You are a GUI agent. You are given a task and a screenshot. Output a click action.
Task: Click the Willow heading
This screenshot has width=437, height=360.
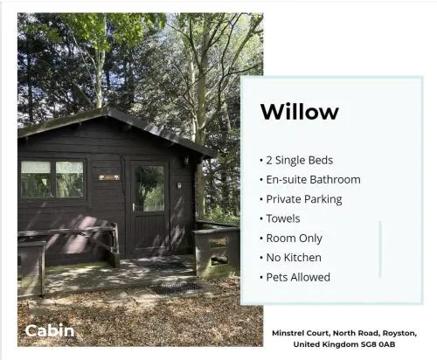300,112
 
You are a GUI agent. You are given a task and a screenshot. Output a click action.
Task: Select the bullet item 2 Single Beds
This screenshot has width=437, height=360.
296,160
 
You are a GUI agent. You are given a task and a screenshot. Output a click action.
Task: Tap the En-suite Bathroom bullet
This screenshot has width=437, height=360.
310,180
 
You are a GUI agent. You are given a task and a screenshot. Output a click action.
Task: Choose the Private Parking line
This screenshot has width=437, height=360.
301,199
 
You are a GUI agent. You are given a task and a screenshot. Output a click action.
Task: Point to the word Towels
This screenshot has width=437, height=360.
283,218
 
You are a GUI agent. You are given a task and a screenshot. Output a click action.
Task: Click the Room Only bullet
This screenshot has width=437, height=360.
291,239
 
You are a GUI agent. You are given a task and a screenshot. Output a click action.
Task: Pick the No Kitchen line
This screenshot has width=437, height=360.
290,258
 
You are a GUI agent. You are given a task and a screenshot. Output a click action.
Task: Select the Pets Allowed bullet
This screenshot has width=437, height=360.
295,277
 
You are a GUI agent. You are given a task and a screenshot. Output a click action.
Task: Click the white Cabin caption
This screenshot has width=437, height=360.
50,331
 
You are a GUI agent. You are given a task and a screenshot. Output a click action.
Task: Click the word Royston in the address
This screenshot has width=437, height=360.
399,333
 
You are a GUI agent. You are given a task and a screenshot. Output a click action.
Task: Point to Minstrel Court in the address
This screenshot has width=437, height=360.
301,333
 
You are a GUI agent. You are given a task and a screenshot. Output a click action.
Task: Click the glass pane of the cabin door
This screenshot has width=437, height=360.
149,189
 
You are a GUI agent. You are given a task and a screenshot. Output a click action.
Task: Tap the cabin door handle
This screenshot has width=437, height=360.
134,206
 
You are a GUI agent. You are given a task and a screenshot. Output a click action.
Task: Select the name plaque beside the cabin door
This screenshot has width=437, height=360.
109,177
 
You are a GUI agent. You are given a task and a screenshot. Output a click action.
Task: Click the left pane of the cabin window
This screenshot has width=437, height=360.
36,180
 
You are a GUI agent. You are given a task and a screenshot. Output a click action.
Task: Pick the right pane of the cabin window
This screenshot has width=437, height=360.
70,179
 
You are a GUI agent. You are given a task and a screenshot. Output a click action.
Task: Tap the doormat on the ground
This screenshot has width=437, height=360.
177,287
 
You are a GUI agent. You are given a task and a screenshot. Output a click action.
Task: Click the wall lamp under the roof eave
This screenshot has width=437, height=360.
185,161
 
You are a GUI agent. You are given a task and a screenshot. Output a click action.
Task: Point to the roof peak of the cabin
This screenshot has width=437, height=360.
107,109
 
